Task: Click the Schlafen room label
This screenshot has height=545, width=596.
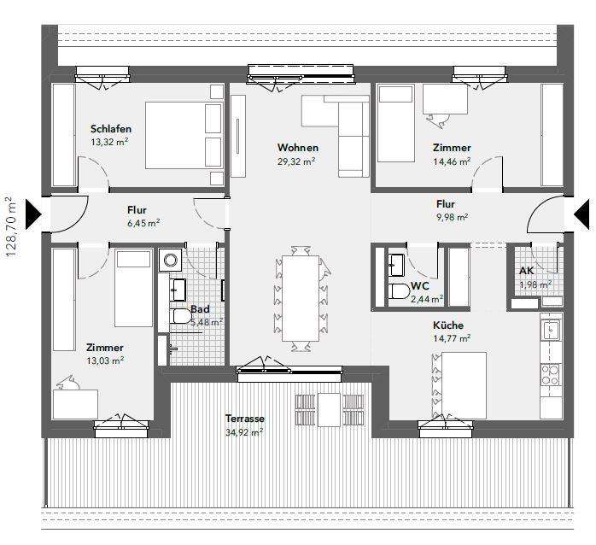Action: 110,129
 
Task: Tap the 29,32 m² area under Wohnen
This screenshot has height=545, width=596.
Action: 296,161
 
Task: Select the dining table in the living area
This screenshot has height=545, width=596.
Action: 299,298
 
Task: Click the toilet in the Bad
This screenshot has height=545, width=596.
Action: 180,318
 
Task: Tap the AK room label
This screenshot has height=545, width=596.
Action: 527,271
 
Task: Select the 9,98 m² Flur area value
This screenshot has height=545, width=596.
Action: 451,217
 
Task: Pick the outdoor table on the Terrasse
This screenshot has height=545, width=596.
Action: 329,409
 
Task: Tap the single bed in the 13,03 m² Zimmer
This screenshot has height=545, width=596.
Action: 132,288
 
